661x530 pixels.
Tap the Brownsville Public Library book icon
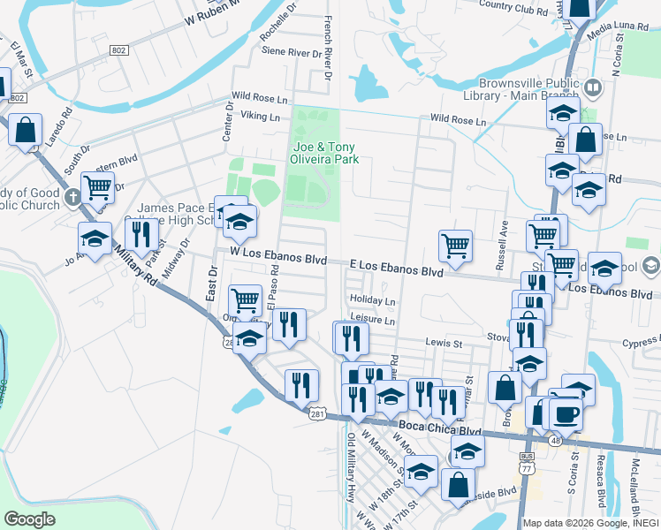(x=592, y=87)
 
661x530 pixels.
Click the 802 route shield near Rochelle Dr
(x=118, y=51)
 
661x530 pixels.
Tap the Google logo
(x=29, y=519)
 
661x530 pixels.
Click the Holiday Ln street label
(x=372, y=301)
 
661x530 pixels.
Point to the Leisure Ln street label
(x=371, y=321)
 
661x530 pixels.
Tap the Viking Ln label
(x=262, y=117)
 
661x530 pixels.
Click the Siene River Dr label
(x=292, y=53)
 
